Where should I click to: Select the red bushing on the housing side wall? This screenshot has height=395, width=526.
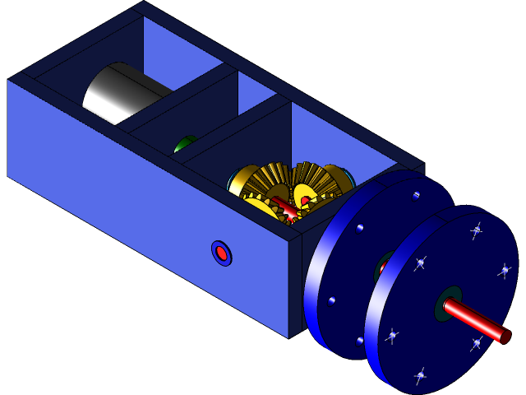tap(221, 253)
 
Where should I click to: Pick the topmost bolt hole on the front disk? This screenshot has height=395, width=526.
tap(476, 231)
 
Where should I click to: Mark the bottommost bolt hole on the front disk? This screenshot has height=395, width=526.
tap(420, 375)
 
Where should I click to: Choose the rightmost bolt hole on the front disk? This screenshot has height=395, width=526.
tap(505, 269)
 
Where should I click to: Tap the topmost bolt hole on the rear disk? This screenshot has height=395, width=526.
tap(416, 196)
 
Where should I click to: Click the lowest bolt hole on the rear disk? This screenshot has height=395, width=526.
tap(360, 339)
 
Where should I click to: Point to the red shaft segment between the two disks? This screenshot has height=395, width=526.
tap(383, 267)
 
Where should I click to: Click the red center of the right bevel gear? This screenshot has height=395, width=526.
tap(306, 201)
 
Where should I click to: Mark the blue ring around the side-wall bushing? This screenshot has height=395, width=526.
tap(215, 247)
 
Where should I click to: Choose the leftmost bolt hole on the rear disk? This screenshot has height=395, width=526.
tap(331, 300)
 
